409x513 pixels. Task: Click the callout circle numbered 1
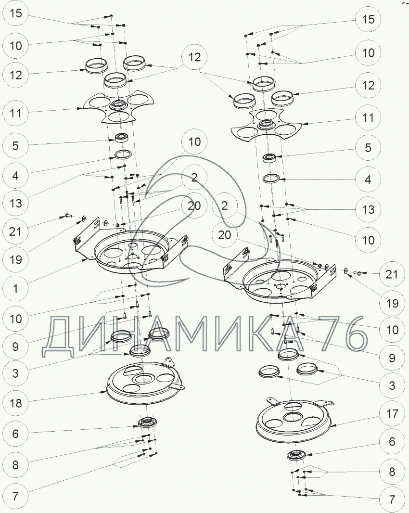pos(15,289)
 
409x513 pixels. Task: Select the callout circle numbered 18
pos(15,403)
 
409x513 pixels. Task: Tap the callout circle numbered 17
pos(392,413)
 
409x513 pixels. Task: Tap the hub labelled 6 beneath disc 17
pos(297,455)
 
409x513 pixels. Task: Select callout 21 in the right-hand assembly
pos(392,274)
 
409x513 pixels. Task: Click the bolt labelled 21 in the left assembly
pos(66,216)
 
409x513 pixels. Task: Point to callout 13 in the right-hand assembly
pos(369,209)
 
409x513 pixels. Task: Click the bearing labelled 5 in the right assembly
pos(271,158)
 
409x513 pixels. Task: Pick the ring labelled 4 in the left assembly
pos(123,155)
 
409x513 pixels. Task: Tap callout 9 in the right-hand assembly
pos(392,358)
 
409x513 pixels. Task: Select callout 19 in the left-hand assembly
pos(15,260)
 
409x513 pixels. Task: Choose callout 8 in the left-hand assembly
pos(15,465)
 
